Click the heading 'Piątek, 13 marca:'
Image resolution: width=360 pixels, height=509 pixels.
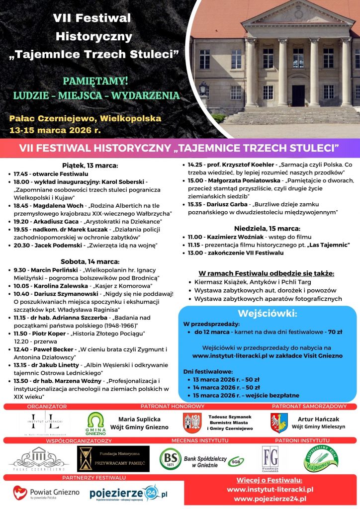point(90,166)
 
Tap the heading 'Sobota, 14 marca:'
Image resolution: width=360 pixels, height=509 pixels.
point(90,261)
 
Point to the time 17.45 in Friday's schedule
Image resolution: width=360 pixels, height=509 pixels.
point(21,173)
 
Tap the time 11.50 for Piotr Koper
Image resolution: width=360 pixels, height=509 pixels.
point(21,334)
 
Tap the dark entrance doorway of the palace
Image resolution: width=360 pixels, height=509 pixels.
point(298,95)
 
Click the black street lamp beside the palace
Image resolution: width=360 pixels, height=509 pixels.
point(203,92)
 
